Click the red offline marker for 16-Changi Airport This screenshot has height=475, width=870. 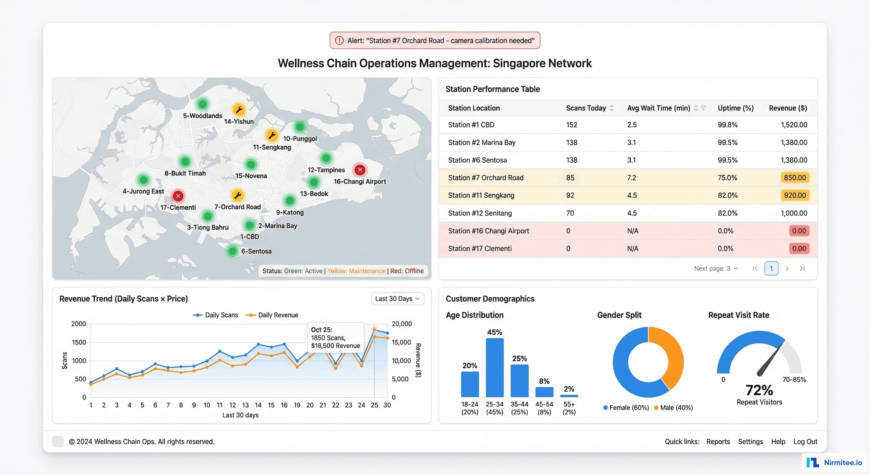coord(360,170)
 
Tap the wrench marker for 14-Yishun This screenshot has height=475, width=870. coord(239,109)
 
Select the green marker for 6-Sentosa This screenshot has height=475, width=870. coord(232,251)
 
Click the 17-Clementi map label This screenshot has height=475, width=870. coord(178,207)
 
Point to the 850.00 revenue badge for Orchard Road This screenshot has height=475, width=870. coord(795,178)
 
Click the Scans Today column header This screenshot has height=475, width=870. coord(586,108)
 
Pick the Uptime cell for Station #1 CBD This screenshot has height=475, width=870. coord(728,125)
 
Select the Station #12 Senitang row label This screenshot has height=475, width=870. coord(479,213)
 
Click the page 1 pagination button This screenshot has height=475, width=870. coord(771,268)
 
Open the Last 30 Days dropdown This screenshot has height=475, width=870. coord(397,298)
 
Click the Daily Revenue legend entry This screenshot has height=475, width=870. coord(272,315)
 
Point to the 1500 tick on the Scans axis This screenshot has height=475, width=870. coord(79,342)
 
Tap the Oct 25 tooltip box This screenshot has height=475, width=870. coord(336,337)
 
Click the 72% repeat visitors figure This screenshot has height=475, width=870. coord(759,390)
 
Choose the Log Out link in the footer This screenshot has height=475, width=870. coord(805,442)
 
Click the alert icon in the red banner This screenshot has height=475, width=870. coord(339,41)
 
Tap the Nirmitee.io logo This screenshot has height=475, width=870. coord(834,462)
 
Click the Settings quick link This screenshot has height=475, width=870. coord(750,442)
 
